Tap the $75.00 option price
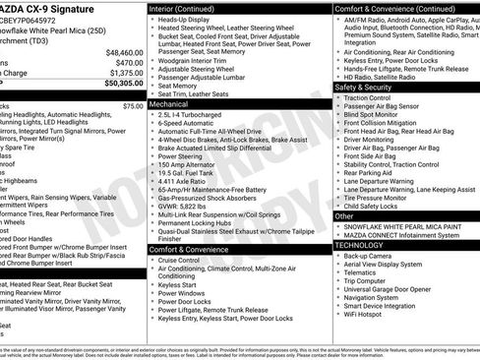click(x=133, y=105)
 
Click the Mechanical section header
click(x=169, y=102)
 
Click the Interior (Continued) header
click(x=189, y=8)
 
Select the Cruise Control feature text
click(x=187, y=261)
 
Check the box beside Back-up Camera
click(x=337, y=256)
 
